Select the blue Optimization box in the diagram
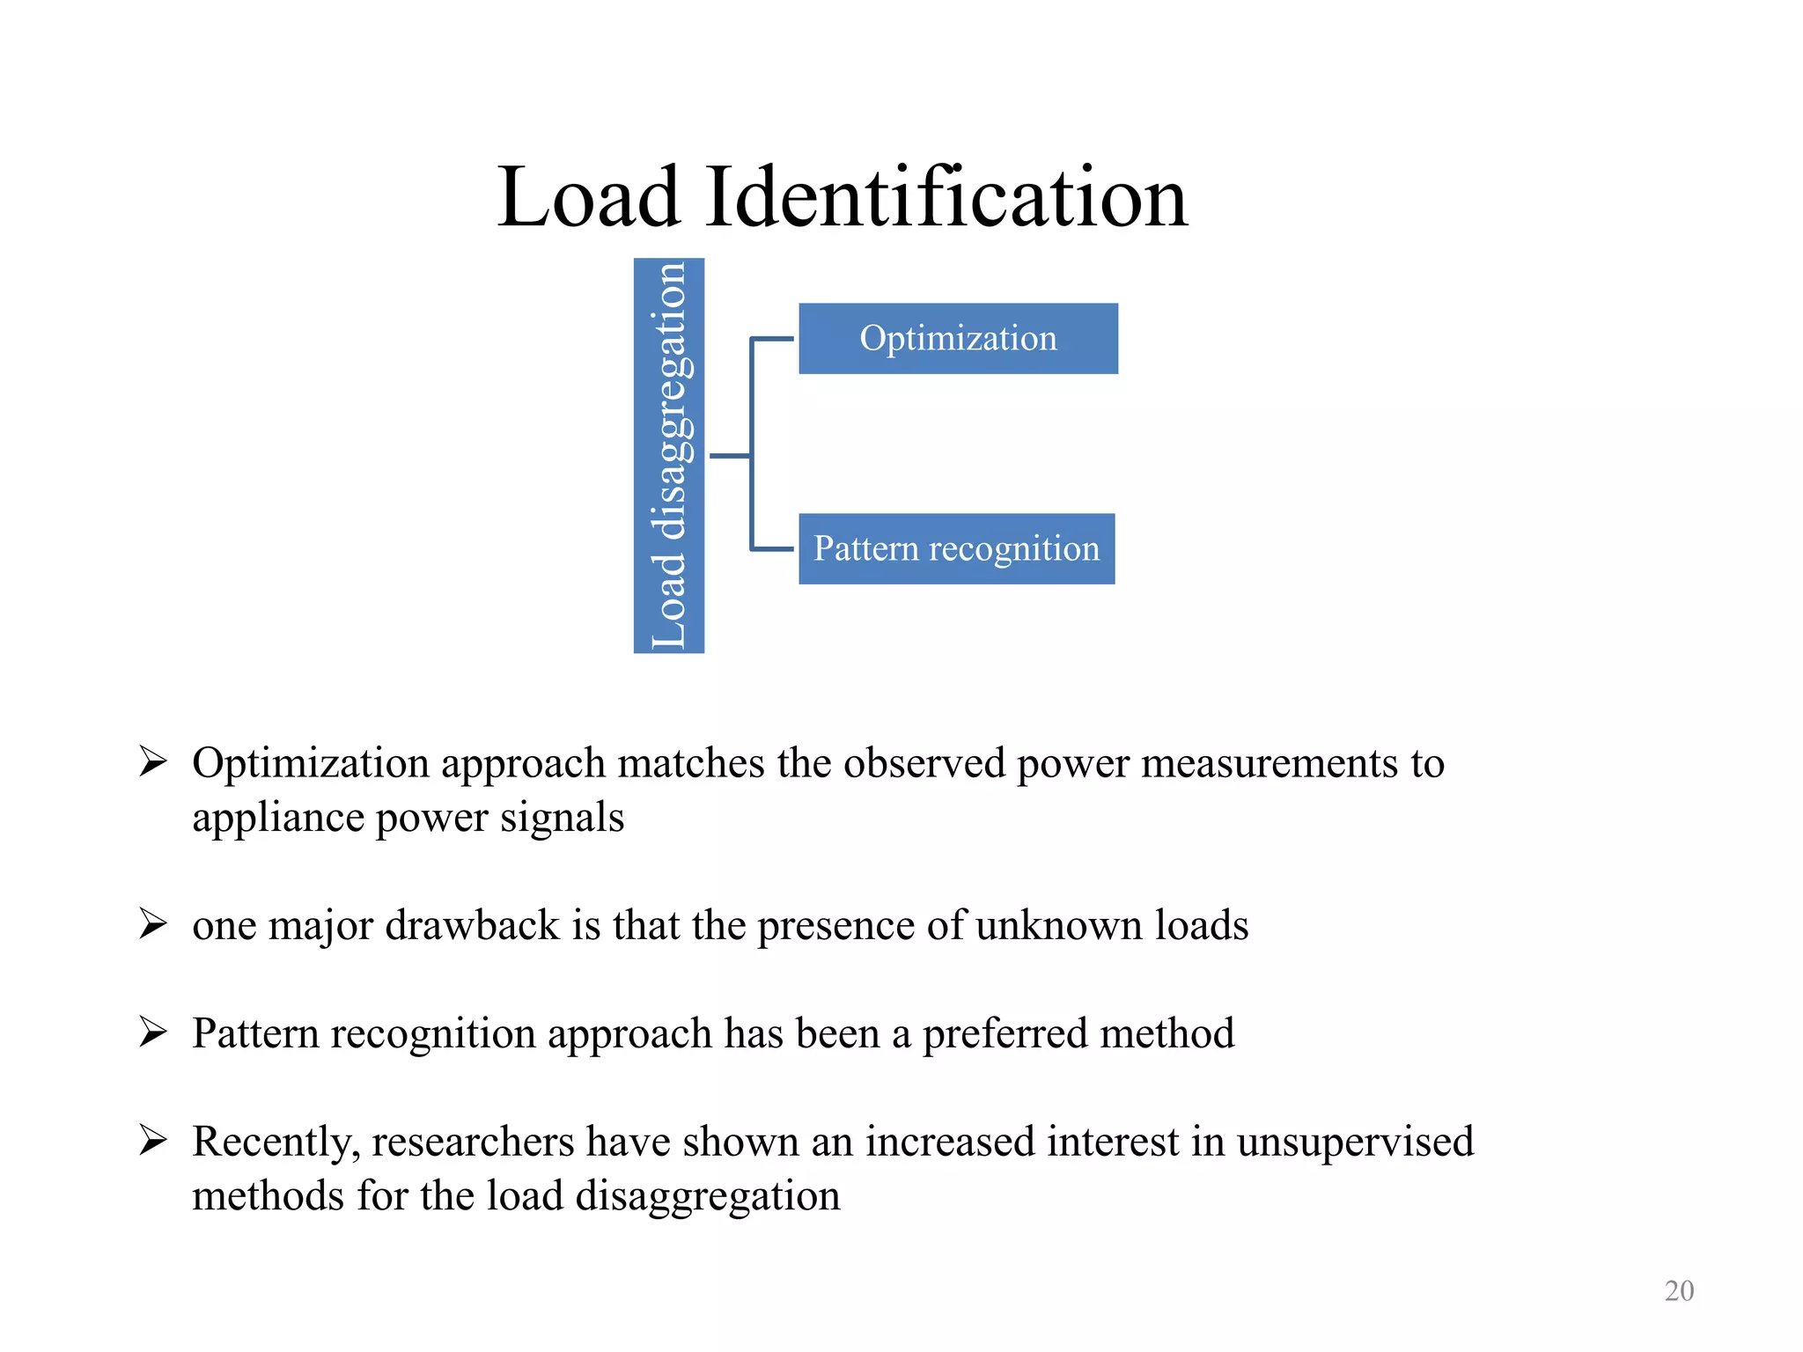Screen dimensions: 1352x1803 [958, 339]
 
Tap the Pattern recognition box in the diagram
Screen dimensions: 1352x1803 [956, 548]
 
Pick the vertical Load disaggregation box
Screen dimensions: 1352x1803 [669, 455]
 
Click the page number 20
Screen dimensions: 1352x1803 [1679, 1290]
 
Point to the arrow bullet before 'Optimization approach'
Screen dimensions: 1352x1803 [153, 761]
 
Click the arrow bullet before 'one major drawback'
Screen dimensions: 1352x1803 [153, 924]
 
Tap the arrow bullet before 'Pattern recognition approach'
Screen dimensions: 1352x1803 [153, 1032]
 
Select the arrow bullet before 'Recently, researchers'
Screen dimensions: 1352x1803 [153, 1140]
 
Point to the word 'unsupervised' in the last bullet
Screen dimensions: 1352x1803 [1355, 1142]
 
